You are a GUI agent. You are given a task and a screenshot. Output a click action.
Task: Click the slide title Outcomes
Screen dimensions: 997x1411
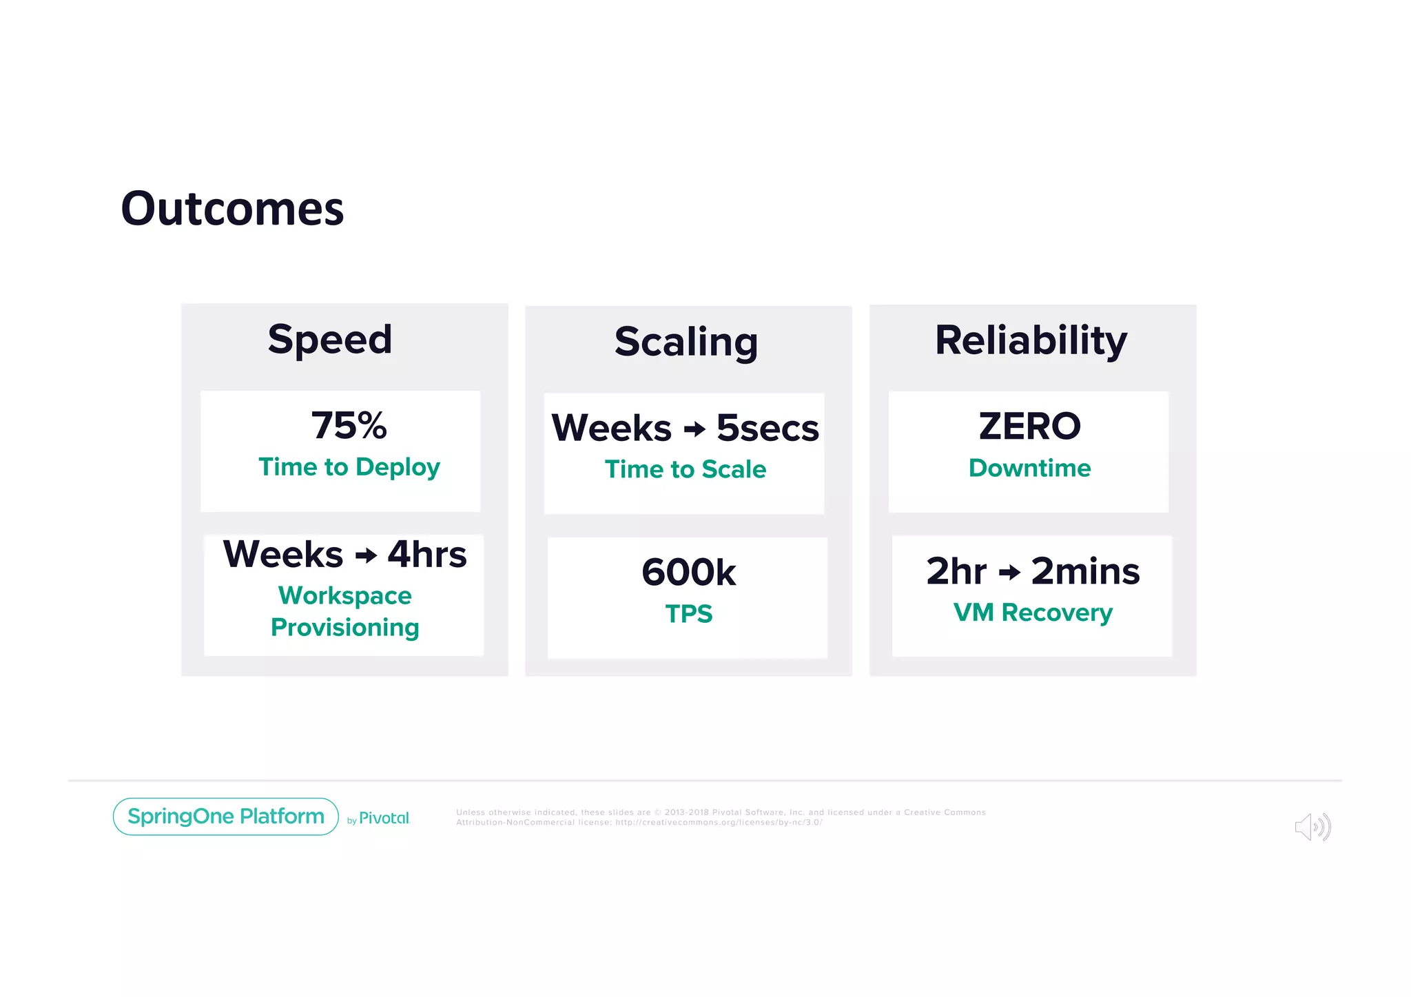pos(232,209)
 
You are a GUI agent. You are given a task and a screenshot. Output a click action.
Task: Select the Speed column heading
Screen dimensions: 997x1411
pos(330,340)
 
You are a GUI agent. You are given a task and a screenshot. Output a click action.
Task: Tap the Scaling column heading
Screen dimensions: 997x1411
pos(686,342)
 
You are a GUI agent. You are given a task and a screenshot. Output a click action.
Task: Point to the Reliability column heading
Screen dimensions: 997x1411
pos(1031,340)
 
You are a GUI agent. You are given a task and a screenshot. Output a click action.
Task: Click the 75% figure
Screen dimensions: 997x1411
pos(349,425)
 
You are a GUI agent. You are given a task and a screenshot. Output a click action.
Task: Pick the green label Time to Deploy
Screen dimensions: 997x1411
pos(349,467)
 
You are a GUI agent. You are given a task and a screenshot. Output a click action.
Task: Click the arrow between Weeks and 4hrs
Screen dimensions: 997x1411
pos(366,555)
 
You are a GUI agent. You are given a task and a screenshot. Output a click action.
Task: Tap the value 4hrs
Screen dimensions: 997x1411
pos(427,555)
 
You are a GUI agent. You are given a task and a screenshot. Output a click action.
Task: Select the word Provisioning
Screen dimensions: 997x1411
pos(344,628)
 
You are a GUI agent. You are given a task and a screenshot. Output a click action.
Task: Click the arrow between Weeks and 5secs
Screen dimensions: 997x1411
pos(694,429)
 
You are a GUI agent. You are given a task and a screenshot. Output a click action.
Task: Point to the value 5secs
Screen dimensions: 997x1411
pos(768,429)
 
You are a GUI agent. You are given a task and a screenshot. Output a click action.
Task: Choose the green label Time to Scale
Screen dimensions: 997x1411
pos(686,470)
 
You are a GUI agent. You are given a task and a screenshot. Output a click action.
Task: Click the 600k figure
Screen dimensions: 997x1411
pos(688,573)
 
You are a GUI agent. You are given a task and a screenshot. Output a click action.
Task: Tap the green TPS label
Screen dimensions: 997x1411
pos(688,614)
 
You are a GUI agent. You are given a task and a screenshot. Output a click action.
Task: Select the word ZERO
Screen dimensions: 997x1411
pos(1030,426)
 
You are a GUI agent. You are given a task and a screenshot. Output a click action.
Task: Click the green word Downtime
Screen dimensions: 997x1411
pos(1029,469)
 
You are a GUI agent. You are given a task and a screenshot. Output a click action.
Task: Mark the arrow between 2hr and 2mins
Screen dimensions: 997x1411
pos(1009,573)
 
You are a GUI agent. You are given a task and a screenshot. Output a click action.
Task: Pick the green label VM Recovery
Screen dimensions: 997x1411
pos(1033,613)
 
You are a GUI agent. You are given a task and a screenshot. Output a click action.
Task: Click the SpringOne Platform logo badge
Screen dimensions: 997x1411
pos(225,816)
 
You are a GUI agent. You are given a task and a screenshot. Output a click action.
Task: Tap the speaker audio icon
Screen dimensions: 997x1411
pos(1312,827)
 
